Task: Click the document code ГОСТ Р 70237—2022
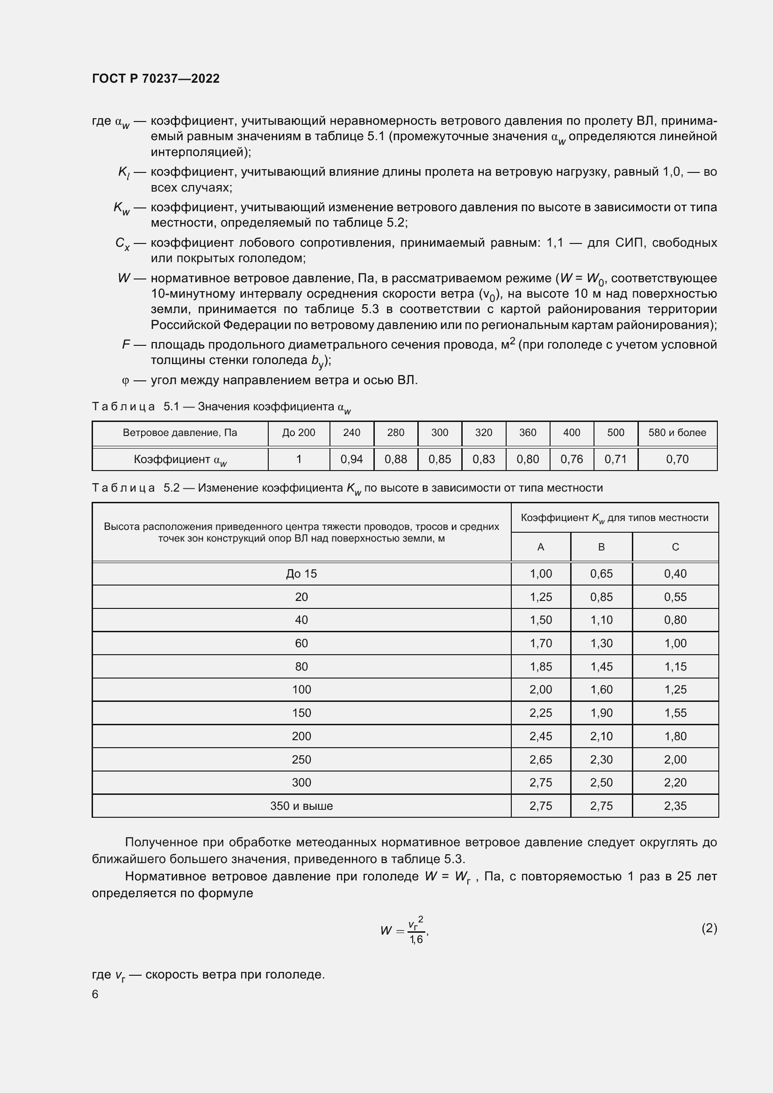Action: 156,79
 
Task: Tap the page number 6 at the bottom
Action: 95,994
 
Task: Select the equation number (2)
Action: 709,928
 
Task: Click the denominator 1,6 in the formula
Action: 416,940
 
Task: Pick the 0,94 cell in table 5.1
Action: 352,459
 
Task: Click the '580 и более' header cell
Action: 677,433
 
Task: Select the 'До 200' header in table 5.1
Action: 299,433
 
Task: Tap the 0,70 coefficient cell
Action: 677,459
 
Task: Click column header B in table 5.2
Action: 601,547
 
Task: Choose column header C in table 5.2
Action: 675,547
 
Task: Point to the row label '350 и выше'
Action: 301,806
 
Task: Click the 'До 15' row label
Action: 301,574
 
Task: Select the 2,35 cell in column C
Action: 675,806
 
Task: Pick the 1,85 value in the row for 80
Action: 541,666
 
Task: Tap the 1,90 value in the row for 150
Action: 601,713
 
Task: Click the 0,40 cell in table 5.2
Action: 675,574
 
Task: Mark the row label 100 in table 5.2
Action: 301,689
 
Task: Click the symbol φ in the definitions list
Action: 126,381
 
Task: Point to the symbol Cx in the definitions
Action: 122,244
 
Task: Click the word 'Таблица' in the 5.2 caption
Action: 123,488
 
